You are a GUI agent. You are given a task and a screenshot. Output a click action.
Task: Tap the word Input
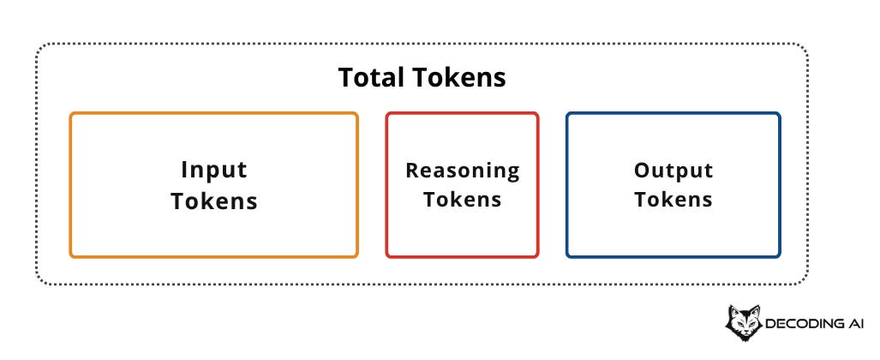(213, 170)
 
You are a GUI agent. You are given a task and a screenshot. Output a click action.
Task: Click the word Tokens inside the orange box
(213, 201)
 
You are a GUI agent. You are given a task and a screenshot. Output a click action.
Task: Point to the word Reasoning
(462, 171)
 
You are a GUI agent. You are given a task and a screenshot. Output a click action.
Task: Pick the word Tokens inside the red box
(462, 200)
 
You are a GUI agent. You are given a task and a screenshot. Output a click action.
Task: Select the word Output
(673, 171)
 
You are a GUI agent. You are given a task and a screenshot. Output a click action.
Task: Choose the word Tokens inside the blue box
(673, 200)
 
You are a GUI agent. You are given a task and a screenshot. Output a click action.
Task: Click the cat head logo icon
(743, 322)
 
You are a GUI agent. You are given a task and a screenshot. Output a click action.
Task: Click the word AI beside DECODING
(857, 324)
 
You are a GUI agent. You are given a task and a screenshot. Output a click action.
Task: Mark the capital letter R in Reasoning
(411, 171)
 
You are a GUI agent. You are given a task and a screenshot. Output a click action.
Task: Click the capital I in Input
(184, 170)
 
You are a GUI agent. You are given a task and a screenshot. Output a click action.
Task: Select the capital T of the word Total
(345, 78)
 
